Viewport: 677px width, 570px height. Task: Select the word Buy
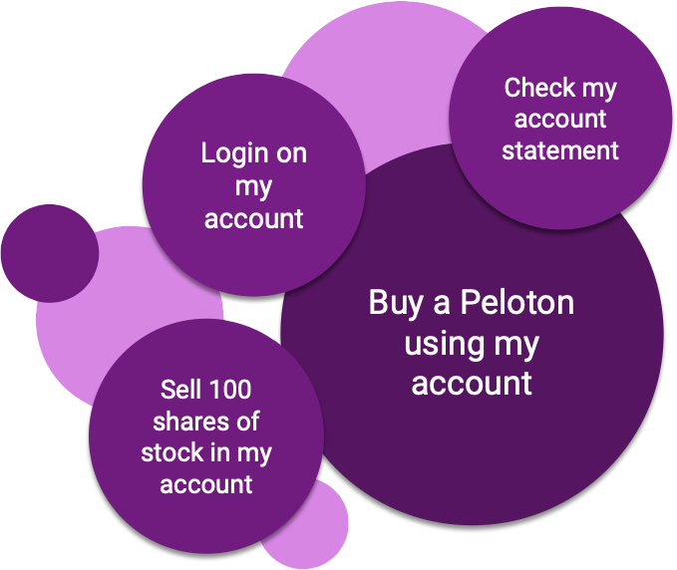click(x=395, y=303)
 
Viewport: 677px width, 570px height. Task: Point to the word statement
click(x=560, y=151)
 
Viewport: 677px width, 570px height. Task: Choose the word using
click(x=440, y=344)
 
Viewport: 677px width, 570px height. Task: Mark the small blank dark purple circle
click(x=49, y=253)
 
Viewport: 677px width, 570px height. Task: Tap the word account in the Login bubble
click(x=253, y=218)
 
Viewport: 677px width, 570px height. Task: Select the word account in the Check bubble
click(x=561, y=120)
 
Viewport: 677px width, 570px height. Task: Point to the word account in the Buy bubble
click(x=472, y=384)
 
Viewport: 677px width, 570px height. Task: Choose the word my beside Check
click(x=598, y=90)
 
